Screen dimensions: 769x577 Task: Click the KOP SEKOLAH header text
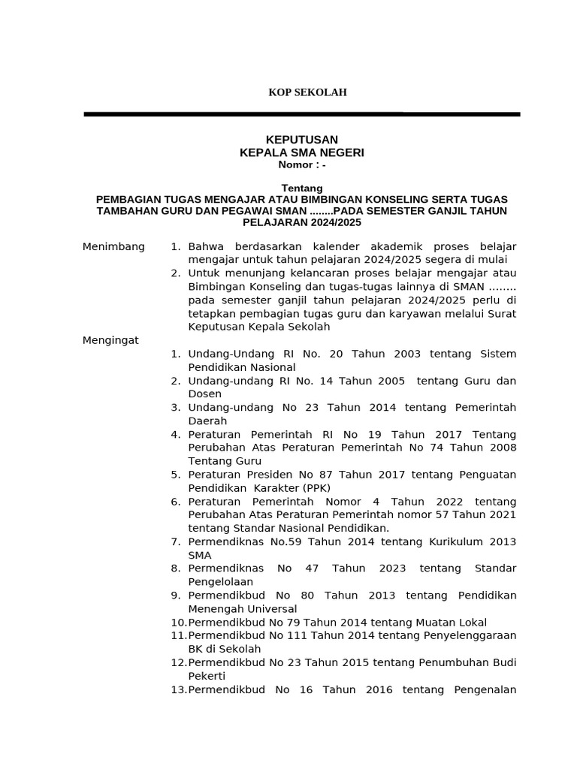tap(308, 92)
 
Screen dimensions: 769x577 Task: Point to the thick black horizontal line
tap(301, 114)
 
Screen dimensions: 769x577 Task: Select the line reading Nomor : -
tap(302, 164)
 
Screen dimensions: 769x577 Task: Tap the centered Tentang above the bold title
tap(302, 188)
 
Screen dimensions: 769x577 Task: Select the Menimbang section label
tap(113, 247)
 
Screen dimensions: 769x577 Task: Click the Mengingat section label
tap(110, 340)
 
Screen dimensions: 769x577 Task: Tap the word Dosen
tap(204, 394)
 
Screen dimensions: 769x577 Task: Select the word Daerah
tap(207, 421)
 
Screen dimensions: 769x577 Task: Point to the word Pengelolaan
tap(220, 581)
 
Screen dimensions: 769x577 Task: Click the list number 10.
tap(178, 622)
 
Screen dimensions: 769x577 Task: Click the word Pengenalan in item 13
tap(485, 689)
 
